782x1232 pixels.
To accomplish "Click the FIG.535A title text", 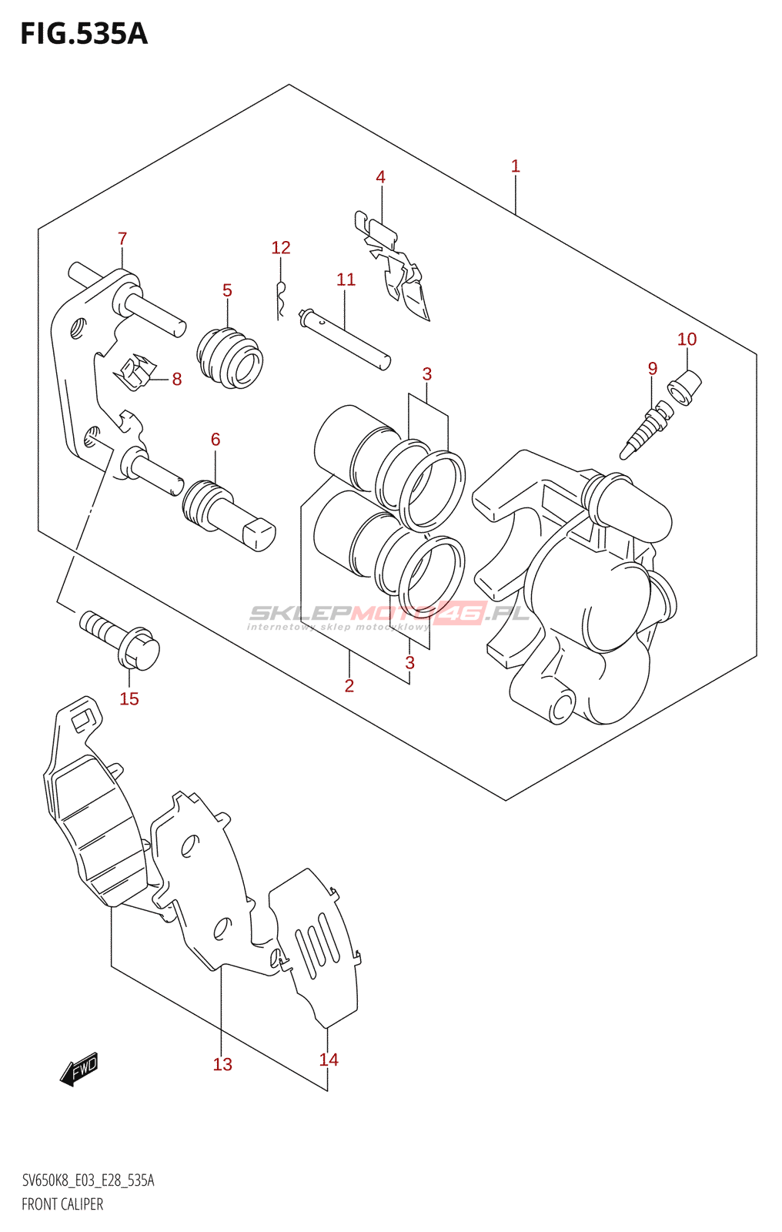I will (x=83, y=34).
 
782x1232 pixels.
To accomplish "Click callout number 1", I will (x=515, y=166).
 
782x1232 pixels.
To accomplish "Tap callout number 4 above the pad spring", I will (x=380, y=177).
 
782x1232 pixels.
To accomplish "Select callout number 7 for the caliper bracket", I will (x=122, y=239).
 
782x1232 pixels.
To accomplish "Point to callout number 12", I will (x=280, y=247).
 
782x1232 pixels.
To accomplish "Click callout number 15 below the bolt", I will (x=129, y=698).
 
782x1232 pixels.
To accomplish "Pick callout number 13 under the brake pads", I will (x=222, y=1064).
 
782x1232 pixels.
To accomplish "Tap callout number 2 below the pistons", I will (x=349, y=685).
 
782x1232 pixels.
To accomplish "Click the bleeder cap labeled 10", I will (x=686, y=385).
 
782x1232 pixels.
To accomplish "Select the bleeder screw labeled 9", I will (x=645, y=432).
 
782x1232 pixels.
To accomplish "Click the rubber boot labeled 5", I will (x=230, y=359).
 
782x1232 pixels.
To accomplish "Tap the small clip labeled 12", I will (x=281, y=299).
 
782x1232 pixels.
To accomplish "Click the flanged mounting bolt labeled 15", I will (x=123, y=639).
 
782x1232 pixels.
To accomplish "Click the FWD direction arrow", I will (x=79, y=1069).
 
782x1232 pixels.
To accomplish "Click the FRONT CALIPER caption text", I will (x=62, y=1204).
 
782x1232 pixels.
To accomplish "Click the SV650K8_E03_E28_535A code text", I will (x=88, y=1180).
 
